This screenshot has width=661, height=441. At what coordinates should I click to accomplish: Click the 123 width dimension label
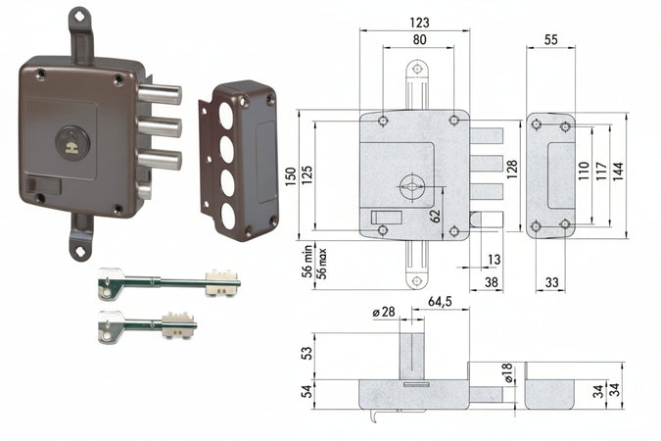click(x=419, y=22)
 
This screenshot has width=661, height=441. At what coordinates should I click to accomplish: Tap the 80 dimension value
click(x=419, y=39)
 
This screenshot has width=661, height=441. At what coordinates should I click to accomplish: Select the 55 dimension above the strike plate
click(x=550, y=39)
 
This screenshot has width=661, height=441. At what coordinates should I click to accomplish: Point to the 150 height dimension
click(x=291, y=177)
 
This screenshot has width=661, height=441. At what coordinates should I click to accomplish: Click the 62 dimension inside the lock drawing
click(x=436, y=216)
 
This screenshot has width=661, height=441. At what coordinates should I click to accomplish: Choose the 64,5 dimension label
click(x=440, y=301)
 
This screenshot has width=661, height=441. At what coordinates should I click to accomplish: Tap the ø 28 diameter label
click(x=384, y=312)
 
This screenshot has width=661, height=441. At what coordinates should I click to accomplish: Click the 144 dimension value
click(x=618, y=171)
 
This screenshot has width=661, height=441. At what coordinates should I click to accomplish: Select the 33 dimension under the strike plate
click(x=551, y=282)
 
